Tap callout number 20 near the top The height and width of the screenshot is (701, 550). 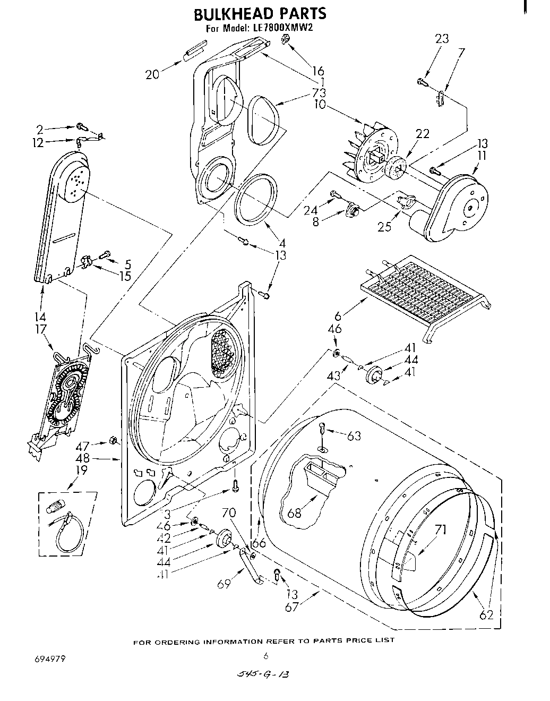152,75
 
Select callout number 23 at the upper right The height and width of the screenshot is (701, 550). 442,38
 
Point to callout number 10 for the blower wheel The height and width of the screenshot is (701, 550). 320,104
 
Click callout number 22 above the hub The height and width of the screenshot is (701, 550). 423,134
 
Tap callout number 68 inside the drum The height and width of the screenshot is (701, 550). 295,513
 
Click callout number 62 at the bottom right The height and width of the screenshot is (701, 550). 486,615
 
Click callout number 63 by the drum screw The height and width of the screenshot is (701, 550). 354,436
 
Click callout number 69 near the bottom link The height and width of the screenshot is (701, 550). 225,584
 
